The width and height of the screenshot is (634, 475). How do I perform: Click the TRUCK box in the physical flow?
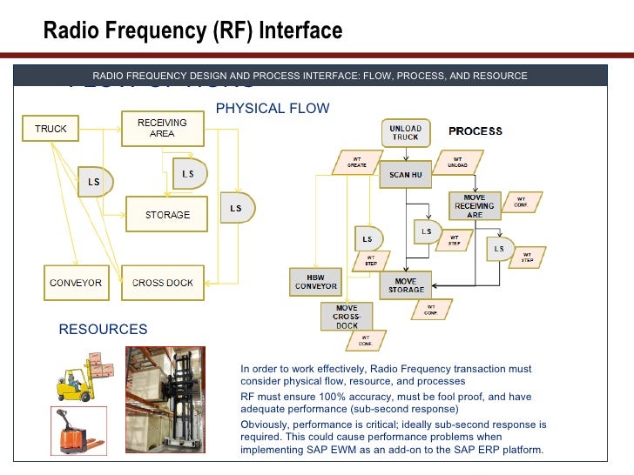click(51, 130)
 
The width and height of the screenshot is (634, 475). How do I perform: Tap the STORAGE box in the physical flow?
click(167, 214)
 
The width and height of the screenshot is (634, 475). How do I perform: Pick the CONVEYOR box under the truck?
click(76, 283)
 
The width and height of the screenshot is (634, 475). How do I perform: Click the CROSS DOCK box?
click(163, 283)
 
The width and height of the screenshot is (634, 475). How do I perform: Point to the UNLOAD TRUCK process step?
click(405, 132)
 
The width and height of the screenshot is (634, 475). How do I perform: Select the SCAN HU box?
click(405, 174)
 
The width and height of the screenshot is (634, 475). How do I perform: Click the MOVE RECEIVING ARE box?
click(475, 206)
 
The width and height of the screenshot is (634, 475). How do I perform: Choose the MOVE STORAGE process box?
click(406, 285)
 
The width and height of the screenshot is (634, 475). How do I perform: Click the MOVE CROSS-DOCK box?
click(347, 317)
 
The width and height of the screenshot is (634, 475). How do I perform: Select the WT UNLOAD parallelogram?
click(457, 162)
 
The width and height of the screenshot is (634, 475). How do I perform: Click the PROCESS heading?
click(475, 131)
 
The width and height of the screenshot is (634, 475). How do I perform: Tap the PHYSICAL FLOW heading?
click(273, 109)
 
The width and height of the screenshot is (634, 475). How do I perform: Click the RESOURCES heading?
click(103, 330)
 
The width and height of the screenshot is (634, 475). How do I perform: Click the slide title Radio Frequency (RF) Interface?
click(193, 32)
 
